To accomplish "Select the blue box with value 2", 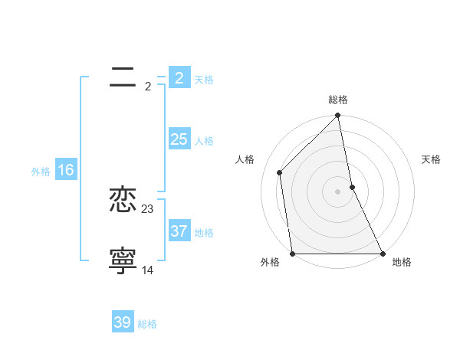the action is point(179,78).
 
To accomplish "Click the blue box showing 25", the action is point(179,139).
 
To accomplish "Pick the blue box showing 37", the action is point(179,231).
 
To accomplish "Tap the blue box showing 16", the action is point(65,170).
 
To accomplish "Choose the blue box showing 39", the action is point(123,322).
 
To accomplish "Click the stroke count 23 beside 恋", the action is point(148,208).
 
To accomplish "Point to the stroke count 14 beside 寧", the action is point(148,270).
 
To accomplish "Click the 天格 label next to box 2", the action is point(204,80).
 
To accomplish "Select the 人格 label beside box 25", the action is point(204,141).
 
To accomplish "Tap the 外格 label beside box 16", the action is point(41,172).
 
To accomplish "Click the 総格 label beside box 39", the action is point(147,324).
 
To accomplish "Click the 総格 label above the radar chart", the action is point(338,100).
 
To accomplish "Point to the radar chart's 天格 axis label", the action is point(431,159).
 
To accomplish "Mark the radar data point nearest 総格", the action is point(337,117).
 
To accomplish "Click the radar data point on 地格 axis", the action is point(382,253).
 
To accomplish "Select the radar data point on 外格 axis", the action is point(292,253).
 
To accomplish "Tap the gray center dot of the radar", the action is point(337,191).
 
